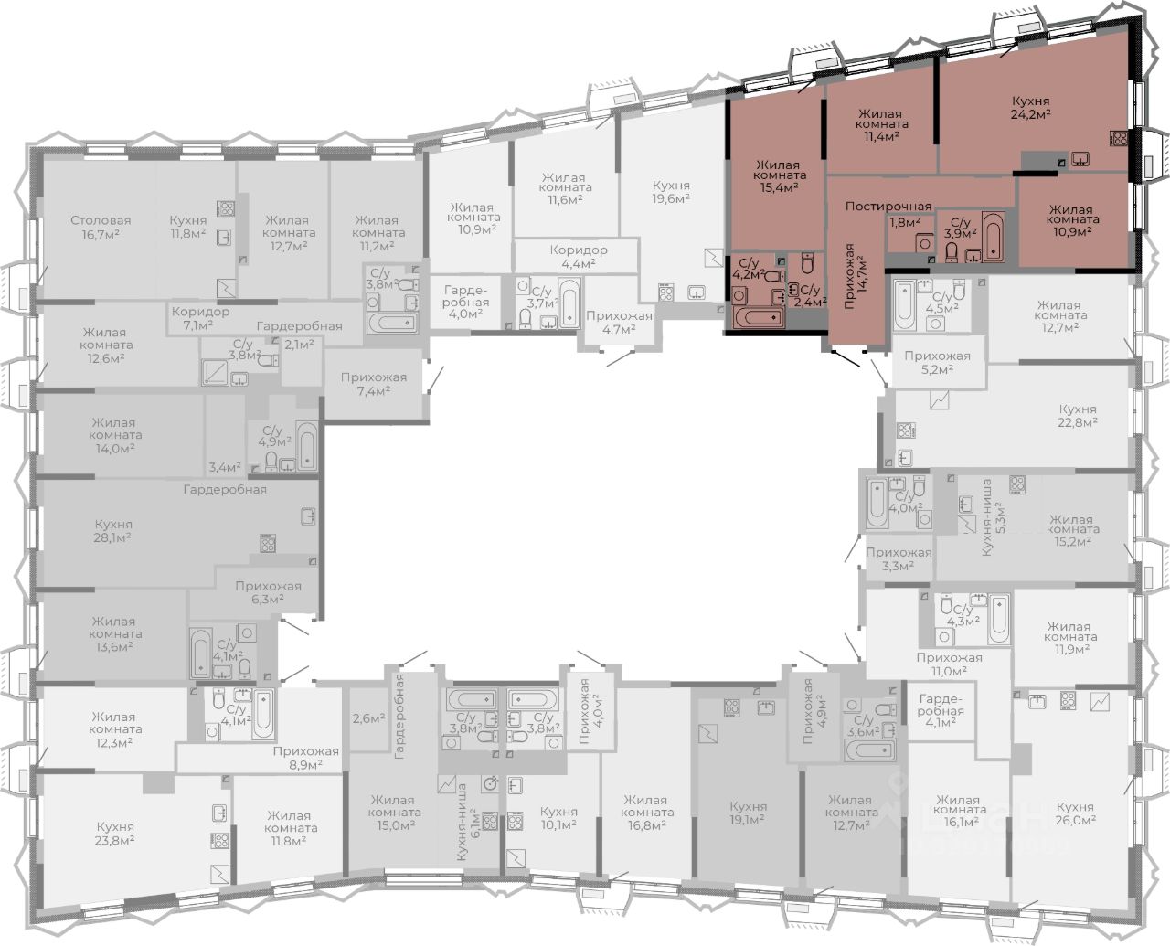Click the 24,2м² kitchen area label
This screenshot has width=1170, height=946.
[x=1030, y=115]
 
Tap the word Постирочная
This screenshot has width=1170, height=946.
[x=888, y=207]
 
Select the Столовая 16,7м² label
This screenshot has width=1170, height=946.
[x=101, y=228]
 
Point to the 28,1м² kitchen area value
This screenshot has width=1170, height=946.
[x=112, y=537]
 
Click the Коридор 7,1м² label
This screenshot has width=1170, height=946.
[x=200, y=318]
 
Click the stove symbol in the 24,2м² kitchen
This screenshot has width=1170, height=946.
[x=1119, y=138]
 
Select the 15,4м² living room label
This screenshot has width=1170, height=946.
[x=780, y=175]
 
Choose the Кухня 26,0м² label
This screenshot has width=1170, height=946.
[x=1076, y=813]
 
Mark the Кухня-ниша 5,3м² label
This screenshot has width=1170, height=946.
[x=994, y=517]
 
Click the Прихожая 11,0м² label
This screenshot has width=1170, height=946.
[x=949, y=664]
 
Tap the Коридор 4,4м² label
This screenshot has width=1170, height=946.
[x=579, y=257]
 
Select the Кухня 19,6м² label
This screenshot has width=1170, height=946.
[x=671, y=192]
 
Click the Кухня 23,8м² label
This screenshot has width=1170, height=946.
[x=115, y=833]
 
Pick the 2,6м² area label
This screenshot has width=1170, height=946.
[x=368, y=718]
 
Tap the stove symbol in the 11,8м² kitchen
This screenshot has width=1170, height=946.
[x=225, y=208]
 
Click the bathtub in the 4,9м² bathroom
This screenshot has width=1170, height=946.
[x=307, y=446]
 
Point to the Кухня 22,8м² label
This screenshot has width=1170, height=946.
[x=1078, y=415]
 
